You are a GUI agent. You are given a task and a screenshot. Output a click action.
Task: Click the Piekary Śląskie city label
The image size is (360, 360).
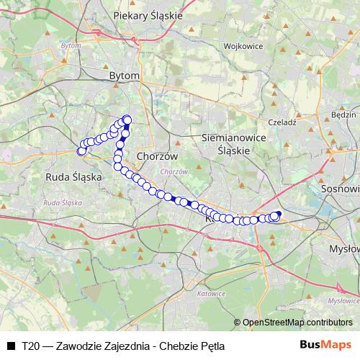148,14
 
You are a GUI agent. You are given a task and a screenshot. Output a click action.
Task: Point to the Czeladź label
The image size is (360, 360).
282,122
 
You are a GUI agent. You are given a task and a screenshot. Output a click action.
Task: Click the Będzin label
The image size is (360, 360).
343,114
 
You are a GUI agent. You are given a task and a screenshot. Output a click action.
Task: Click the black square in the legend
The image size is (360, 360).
10,346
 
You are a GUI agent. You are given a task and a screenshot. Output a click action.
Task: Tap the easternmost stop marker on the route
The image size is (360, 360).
278,215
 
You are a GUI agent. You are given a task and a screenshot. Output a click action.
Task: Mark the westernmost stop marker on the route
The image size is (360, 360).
81,150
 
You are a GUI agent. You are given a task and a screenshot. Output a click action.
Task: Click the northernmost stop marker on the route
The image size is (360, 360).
127,120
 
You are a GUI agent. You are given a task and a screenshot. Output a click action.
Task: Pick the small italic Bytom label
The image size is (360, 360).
71,45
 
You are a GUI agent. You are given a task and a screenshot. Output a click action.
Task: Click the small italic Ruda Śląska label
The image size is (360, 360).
62,203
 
